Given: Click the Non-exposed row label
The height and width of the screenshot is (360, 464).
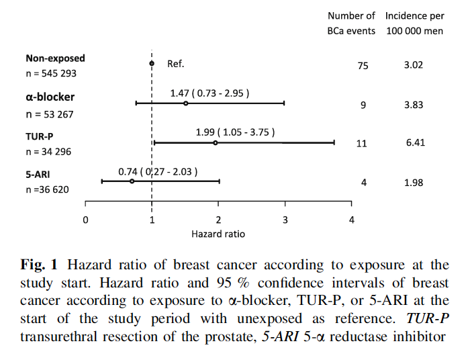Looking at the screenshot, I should point(55,59).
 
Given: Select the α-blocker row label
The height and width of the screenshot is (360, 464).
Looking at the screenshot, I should point(50,97).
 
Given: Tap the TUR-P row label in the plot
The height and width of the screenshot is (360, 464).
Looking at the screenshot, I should point(40,136).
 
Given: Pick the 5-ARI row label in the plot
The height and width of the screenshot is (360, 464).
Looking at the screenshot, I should point(38,173).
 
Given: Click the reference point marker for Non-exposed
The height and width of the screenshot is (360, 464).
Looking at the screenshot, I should point(152,64).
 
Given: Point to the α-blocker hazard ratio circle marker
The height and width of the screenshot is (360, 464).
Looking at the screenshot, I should point(185,103).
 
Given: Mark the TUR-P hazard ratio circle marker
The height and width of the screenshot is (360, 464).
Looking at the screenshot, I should point(216,142).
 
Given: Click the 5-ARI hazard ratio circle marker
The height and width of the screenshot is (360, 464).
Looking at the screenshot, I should point(132,181).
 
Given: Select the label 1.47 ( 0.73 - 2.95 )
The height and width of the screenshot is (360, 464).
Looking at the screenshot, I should point(210,93).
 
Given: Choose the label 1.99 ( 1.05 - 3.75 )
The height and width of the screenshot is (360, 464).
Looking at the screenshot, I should point(235,132).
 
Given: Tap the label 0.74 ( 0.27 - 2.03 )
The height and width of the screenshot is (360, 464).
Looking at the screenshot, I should point(158,172).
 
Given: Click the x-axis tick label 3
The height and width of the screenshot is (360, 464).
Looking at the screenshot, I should point(285,220).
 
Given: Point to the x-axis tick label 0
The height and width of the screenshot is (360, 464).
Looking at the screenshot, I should point(85,220).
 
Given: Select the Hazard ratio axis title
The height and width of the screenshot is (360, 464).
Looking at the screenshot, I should point(218,234).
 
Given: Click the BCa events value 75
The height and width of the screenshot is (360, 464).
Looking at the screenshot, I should point(363,66).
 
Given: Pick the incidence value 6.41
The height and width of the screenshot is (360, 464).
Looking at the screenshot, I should point(415,143).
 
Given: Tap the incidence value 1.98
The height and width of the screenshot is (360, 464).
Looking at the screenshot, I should point(414,183).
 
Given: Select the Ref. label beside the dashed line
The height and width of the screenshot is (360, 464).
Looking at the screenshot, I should point(175,64).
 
